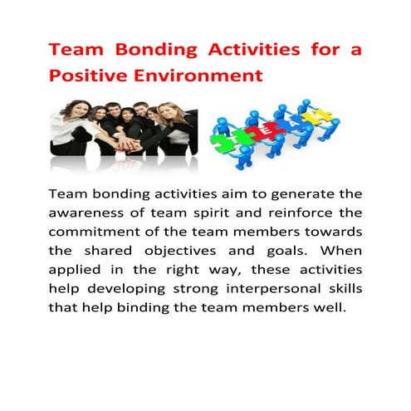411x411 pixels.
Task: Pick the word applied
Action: [x=75, y=271]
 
